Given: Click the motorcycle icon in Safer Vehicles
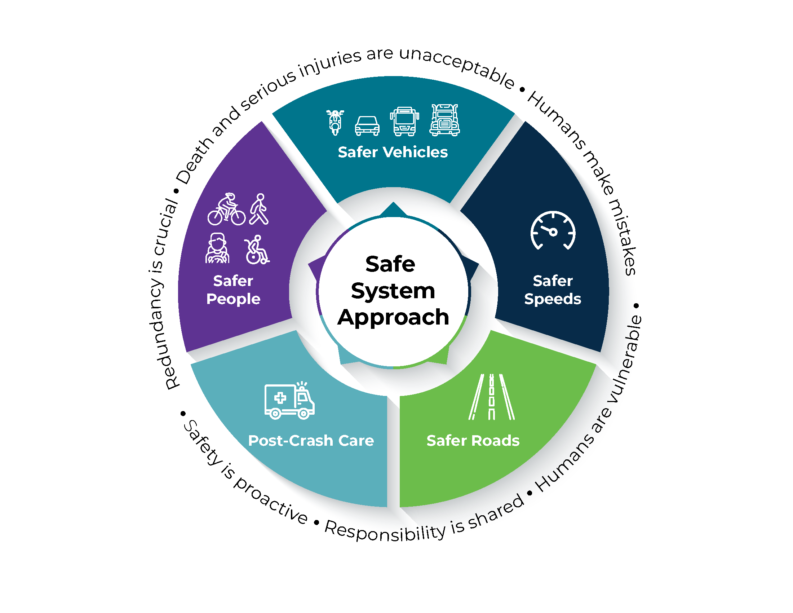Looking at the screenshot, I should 335,123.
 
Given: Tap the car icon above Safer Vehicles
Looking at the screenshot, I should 367,125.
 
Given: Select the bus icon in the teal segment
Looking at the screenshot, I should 404,122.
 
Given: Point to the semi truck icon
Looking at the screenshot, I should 444,120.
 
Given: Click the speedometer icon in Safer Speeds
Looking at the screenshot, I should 553,231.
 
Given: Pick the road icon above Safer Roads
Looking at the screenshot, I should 491,397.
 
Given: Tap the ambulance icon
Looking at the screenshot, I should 289,401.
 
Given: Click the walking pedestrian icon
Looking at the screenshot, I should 259,209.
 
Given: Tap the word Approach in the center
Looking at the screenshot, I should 393,317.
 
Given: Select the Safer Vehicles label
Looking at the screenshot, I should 393,152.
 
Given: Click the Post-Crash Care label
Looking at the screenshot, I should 311,441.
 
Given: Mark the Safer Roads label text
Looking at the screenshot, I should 473,441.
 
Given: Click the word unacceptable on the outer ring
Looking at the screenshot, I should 457,65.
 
